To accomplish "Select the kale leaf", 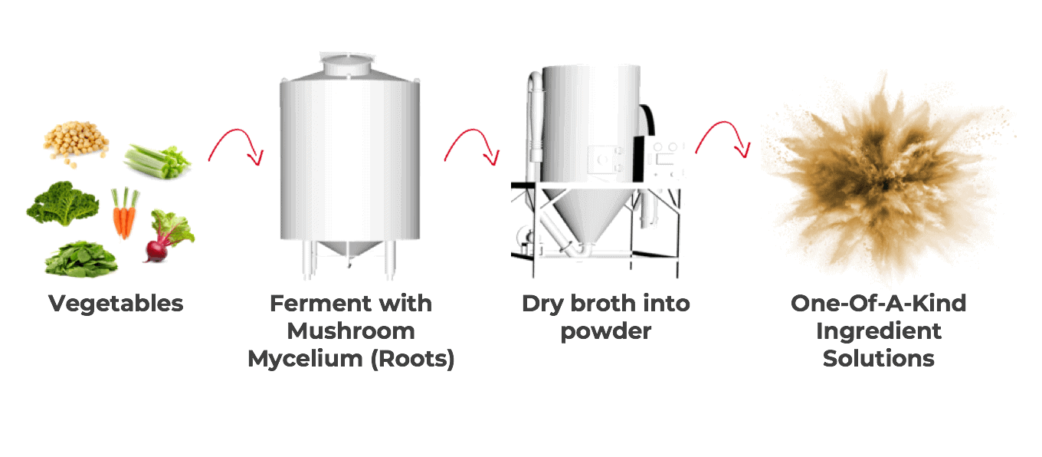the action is [62, 203].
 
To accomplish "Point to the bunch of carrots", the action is [125, 212].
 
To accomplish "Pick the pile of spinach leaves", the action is [81, 258].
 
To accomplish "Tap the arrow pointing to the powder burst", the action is [723, 139].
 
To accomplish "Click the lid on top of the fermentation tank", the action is [347, 64].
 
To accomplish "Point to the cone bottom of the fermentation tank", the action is [350, 249].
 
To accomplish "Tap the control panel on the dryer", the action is [665, 158].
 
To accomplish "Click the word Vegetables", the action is [116, 304].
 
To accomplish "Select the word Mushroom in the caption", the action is [351, 331].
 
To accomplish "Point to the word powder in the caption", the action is [605, 332].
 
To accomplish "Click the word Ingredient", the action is [879, 332].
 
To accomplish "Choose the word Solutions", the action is [879, 359].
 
